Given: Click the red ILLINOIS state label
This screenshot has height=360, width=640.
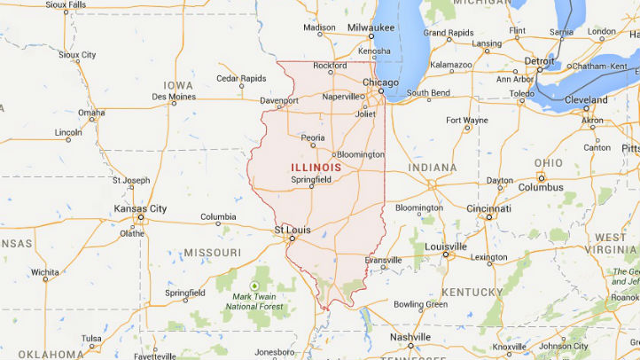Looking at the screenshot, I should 316,167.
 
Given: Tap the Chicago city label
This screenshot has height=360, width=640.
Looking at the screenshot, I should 381,83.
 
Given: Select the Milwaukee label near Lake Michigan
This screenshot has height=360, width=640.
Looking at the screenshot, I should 371,28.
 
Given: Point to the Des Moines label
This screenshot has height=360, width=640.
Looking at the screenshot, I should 173,97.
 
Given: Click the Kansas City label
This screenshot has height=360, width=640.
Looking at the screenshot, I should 140,209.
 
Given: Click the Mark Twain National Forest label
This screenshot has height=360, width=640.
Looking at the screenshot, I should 254,301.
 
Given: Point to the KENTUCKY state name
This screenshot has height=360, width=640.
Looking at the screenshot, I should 472,293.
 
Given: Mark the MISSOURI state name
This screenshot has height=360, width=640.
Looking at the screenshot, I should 212,253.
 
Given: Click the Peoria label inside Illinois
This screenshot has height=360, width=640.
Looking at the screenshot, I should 313,138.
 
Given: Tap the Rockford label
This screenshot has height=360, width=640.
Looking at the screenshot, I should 330,66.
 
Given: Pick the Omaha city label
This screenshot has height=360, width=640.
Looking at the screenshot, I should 91,113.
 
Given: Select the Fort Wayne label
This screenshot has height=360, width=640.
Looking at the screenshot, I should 466,120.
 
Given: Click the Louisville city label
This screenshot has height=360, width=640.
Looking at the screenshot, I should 446,247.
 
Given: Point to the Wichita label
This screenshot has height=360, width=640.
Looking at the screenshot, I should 44,273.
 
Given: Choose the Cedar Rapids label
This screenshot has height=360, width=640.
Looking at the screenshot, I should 241,78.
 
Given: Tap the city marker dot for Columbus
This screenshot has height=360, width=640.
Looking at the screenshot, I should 540,177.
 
